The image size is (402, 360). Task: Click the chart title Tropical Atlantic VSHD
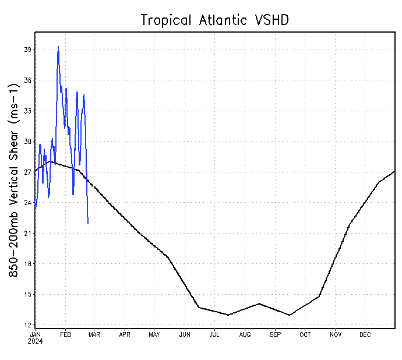click(x=215, y=20)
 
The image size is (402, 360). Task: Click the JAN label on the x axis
click(x=35, y=335)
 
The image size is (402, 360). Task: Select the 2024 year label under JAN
click(x=36, y=341)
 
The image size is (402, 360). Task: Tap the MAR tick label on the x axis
click(x=94, y=335)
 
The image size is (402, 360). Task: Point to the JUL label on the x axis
click(x=214, y=335)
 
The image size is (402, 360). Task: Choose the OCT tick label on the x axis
click(x=305, y=335)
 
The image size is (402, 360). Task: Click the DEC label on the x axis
click(x=365, y=335)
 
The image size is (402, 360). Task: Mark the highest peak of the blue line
click(x=58, y=47)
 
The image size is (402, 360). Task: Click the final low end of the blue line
click(x=88, y=223)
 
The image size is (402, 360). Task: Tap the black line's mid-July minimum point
click(x=228, y=315)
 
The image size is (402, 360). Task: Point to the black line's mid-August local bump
click(x=259, y=303)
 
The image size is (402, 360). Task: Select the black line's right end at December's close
click(x=394, y=172)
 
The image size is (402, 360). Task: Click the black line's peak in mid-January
click(x=51, y=161)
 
